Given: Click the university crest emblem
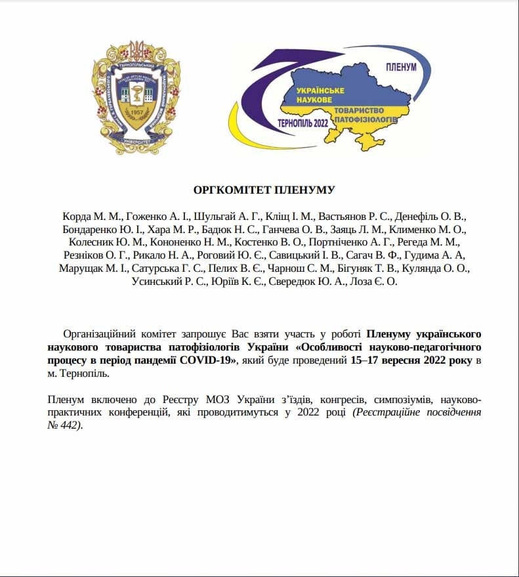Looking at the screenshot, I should coord(136,97).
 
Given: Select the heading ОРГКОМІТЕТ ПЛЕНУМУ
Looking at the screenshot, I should coord(264,190).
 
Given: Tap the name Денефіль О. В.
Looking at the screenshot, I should coord(430,216).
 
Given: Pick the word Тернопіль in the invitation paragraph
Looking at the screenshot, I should coord(86,374).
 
